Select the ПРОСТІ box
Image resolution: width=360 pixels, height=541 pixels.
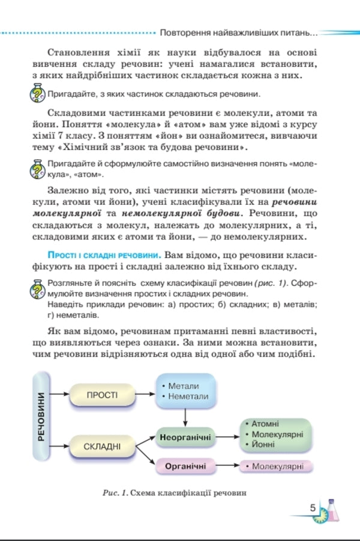coord(102,395)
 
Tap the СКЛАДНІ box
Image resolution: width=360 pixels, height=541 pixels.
coord(102,446)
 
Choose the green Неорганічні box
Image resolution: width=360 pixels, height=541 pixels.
coord(185,438)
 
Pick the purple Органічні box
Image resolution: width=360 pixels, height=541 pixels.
coord(185,466)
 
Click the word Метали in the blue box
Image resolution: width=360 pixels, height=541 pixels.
coord(184,386)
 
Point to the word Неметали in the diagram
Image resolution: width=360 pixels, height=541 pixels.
coord(188,396)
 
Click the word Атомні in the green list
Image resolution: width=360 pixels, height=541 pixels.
coord(265,423)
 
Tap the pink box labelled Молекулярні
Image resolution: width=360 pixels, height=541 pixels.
coord(277,466)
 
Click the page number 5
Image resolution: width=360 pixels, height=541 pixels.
coord(313,507)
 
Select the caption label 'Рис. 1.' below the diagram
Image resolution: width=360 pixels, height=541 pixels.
coord(117,492)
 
